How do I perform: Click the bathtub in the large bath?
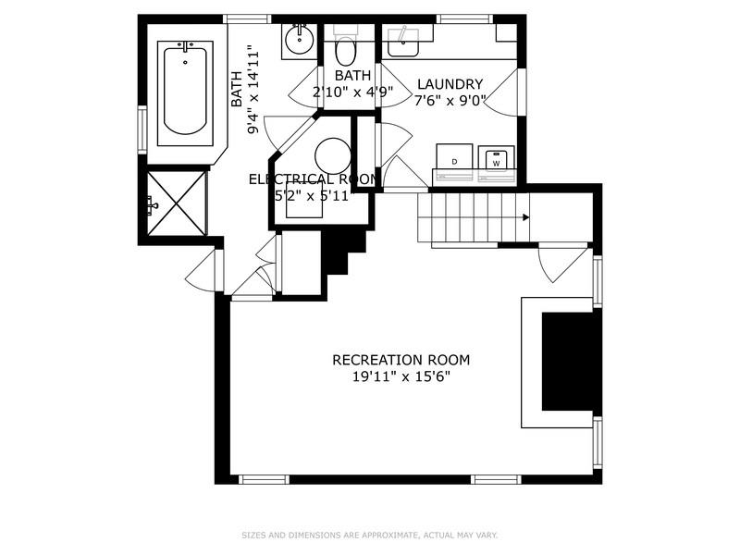pos(186,89)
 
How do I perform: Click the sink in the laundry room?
pos(402,40)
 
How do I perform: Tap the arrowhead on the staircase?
pos(525,218)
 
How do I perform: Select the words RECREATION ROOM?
pos(401,360)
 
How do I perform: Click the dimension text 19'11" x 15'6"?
pos(401,377)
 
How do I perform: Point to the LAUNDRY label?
pos(450,84)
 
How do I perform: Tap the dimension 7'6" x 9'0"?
pos(450,100)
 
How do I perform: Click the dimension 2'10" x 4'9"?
pos(351,92)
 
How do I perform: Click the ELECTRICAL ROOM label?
pos(312,179)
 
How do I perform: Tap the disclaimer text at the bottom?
pos(370,535)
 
